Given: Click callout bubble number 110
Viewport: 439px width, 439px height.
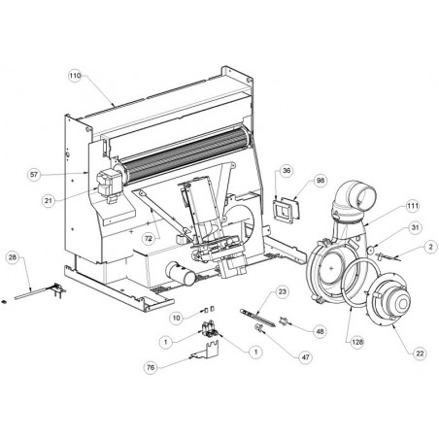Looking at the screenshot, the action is [75, 76].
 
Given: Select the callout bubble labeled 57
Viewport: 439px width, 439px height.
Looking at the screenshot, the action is [34, 175].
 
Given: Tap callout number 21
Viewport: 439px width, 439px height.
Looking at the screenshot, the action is [49, 201].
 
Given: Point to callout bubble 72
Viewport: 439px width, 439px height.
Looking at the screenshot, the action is [149, 239].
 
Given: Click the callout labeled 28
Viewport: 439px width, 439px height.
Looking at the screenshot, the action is [13, 257].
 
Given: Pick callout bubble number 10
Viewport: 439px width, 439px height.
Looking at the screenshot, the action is [177, 318].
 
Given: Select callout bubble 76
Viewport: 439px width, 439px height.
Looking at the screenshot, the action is [151, 367].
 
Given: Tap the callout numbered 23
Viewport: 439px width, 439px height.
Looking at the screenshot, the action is [283, 292].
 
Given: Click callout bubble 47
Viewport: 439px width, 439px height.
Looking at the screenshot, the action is [305, 357].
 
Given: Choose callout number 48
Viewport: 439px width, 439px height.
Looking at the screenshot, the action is [320, 331].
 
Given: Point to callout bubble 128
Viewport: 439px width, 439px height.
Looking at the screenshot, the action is [356, 342].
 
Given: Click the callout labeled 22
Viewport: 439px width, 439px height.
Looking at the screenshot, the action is [420, 354].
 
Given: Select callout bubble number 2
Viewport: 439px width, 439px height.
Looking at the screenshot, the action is [430, 248].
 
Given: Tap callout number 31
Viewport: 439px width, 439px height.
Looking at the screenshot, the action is [415, 228].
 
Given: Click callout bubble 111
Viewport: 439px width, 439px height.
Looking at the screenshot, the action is [413, 206].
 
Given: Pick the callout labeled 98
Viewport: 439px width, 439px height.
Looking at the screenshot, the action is [321, 181].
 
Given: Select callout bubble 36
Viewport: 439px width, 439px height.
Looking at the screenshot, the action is [287, 171].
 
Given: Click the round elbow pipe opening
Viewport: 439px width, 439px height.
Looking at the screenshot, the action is [367, 196].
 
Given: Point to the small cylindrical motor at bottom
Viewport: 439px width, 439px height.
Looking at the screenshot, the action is [181, 274].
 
